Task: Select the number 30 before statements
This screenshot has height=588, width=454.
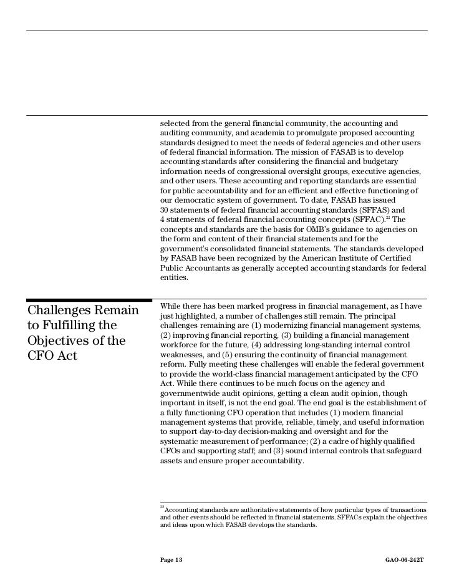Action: click(165, 210)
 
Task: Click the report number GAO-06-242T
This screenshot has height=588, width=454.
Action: click(406, 562)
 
